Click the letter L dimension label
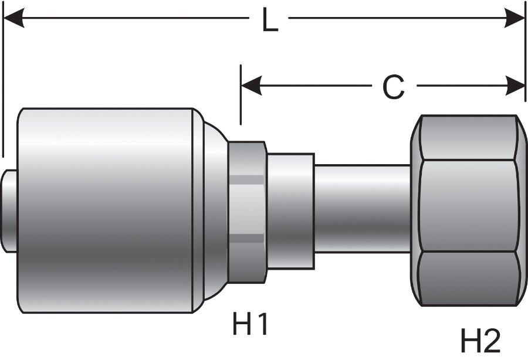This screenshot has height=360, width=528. (x=270, y=21)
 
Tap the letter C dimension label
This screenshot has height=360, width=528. (x=393, y=88)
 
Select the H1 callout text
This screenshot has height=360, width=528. (x=251, y=324)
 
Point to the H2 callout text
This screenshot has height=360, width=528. (x=479, y=340)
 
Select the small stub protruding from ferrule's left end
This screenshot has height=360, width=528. (x=9, y=210)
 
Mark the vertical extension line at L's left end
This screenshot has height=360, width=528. (x=3, y=88)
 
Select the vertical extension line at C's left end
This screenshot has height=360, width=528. (x=241, y=97)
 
